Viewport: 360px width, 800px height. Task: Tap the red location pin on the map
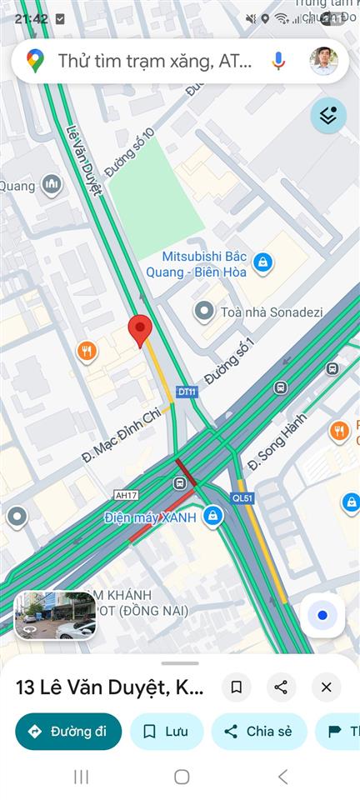(140, 329)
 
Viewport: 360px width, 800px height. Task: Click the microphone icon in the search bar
(278, 61)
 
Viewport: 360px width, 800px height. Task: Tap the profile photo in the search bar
(323, 61)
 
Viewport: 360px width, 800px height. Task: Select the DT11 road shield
(186, 391)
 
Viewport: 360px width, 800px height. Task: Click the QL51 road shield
(242, 497)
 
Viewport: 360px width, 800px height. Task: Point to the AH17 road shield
(126, 495)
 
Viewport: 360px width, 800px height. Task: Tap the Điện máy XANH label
(151, 517)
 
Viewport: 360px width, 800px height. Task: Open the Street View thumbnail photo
(55, 616)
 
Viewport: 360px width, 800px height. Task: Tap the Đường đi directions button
(68, 732)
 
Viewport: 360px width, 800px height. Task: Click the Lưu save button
(166, 732)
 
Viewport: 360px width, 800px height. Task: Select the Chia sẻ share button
(258, 732)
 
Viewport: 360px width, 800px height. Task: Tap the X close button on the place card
(326, 687)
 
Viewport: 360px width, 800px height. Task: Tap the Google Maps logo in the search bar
(35, 61)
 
